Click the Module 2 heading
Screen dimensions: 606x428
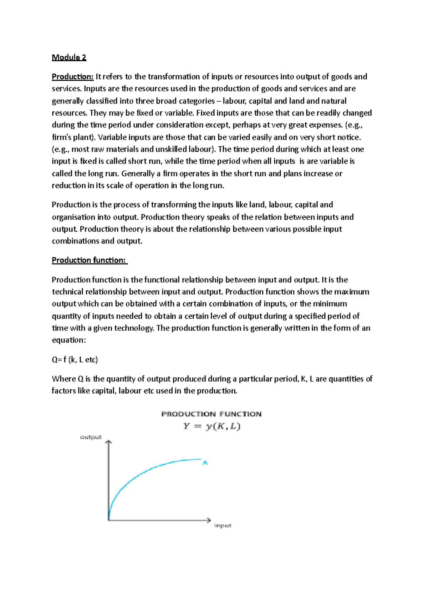(x=69, y=57)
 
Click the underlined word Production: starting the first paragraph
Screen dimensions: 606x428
(x=72, y=77)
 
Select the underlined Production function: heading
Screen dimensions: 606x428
(x=89, y=260)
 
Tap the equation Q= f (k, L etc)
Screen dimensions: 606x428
(x=75, y=359)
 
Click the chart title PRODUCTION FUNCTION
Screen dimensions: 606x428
(x=211, y=414)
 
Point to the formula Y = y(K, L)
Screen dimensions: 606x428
(x=212, y=426)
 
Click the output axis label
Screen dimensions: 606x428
(x=91, y=437)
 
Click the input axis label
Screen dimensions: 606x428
(x=223, y=525)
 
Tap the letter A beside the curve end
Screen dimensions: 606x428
(x=205, y=463)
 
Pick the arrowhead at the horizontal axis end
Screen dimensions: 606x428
(x=209, y=520)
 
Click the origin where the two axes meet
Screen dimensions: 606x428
(x=109, y=520)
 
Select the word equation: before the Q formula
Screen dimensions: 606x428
(x=69, y=340)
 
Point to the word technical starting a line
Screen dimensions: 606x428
(x=67, y=292)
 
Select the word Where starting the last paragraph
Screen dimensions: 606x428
(x=63, y=379)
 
